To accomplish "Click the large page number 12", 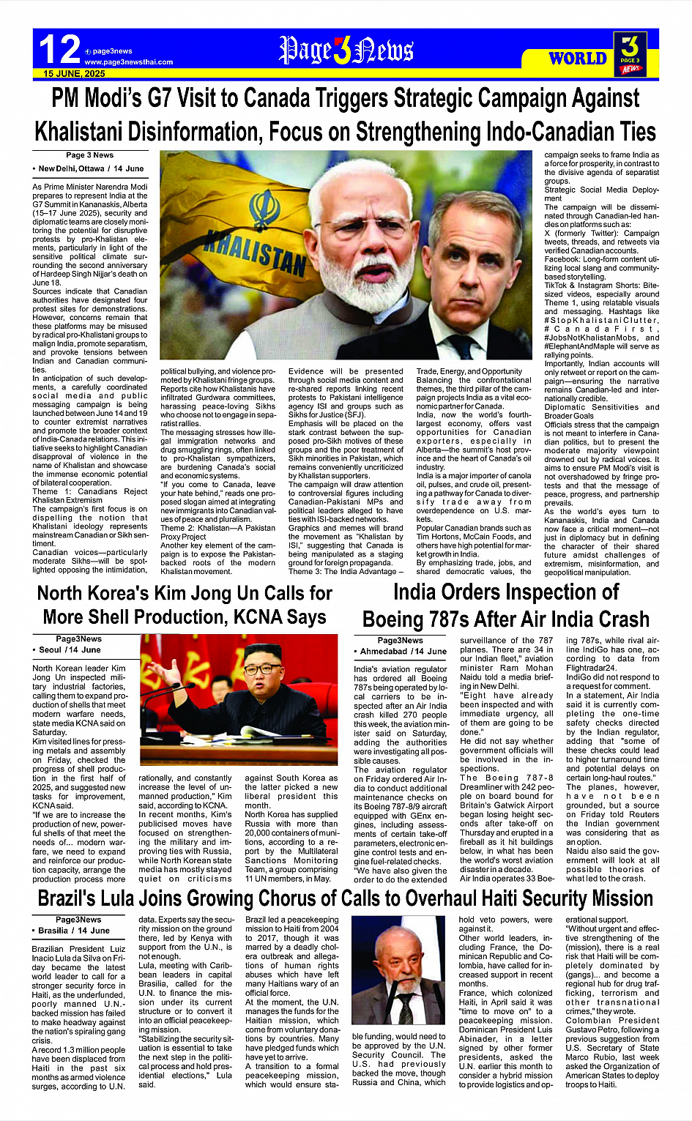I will click(x=59, y=50).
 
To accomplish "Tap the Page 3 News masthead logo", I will click(x=346, y=50).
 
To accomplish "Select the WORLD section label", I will click(x=578, y=58).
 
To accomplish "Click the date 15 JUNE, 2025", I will click(x=74, y=74).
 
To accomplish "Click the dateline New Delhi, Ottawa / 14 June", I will click(x=91, y=168).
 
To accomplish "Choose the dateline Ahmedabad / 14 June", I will click(x=403, y=651).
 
